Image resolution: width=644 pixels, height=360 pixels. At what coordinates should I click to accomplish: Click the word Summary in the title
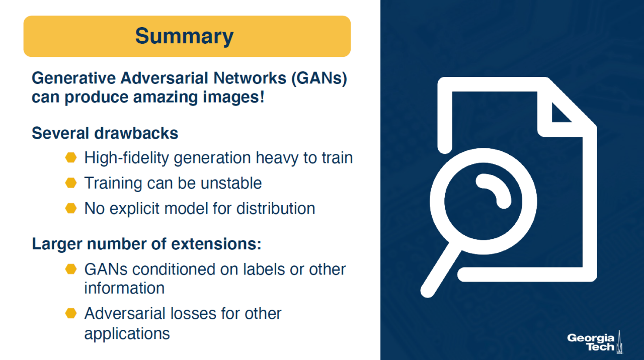(184, 37)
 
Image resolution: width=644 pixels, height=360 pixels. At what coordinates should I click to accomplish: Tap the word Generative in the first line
(73, 78)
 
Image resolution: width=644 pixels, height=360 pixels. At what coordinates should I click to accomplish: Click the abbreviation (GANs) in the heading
(319, 78)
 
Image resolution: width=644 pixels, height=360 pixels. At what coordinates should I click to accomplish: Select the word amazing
(165, 98)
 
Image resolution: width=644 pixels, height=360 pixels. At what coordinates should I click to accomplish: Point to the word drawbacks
(136, 133)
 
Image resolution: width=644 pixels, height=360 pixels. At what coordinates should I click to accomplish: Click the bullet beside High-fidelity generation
(71, 157)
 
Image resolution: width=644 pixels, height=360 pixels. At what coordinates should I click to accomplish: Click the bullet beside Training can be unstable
(71, 183)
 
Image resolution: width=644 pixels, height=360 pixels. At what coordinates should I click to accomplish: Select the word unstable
(231, 183)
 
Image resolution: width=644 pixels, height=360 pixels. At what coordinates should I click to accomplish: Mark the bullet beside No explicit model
(71, 208)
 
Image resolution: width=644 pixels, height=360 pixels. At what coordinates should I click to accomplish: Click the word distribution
(276, 208)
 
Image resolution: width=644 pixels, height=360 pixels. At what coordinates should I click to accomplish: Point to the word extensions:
(216, 244)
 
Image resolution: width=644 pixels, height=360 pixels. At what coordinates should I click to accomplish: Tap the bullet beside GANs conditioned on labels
(71, 269)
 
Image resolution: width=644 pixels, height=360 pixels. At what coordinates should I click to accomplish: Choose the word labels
(264, 269)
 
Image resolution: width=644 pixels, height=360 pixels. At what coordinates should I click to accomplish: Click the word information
(124, 288)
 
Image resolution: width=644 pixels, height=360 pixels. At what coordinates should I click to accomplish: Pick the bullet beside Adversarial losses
(71, 313)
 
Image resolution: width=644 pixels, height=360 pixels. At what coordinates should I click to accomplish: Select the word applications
(127, 334)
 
